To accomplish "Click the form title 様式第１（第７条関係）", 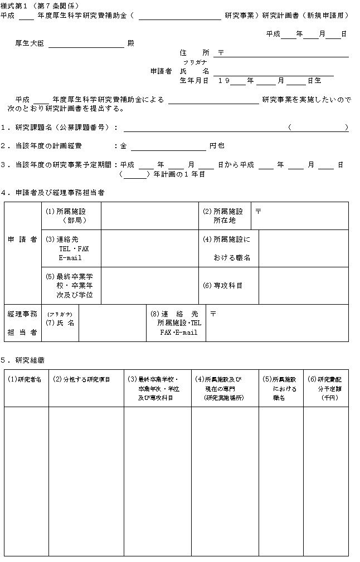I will pos(36,5).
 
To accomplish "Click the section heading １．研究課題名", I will pos(59,128).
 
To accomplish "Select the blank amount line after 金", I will pos(168,146).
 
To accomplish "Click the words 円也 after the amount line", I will pos(217,146).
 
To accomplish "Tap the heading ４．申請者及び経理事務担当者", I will pos(52,193).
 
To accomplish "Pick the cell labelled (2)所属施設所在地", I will pos(224,216).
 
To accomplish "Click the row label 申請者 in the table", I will pos(22,239).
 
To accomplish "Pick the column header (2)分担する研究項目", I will pos(81,379).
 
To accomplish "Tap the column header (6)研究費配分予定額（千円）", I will pos(325,388).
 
